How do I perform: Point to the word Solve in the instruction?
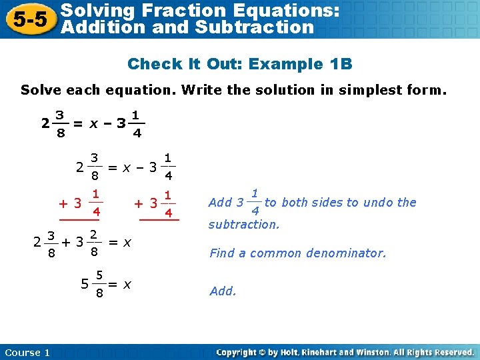[x=41, y=90]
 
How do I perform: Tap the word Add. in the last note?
[x=223, y=291]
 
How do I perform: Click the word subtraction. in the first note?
[x=244, y=225]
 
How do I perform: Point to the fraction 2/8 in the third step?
[x=95, y=243]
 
